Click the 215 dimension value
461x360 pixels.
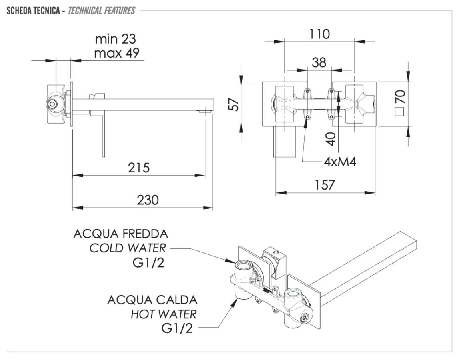pyautogui.click(x=139, y=167)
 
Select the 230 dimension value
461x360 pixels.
pyautogui.click(x=148, y=200)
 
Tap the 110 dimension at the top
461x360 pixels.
pyautogui.click(x=319, y=34)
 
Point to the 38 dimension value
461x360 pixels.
pyautogui.click(x=319, y=62)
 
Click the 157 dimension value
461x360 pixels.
pyautogui.click(x=325, y=185)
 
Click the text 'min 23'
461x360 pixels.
pyautogui.click(x=115, y=39)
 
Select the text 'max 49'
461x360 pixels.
pyautogui.click(x=116, y=53)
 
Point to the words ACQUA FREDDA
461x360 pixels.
pyautogui.click(x=120, y=234)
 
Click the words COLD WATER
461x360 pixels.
pyautogui.click(x=127, y=248)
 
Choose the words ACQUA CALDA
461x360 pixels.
pyautogui.click(x=152, y=300)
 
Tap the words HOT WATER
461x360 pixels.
pyautogui.click(x=164, y=314)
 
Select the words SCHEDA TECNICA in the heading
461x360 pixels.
pyautogui.click(x=33, y=10)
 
